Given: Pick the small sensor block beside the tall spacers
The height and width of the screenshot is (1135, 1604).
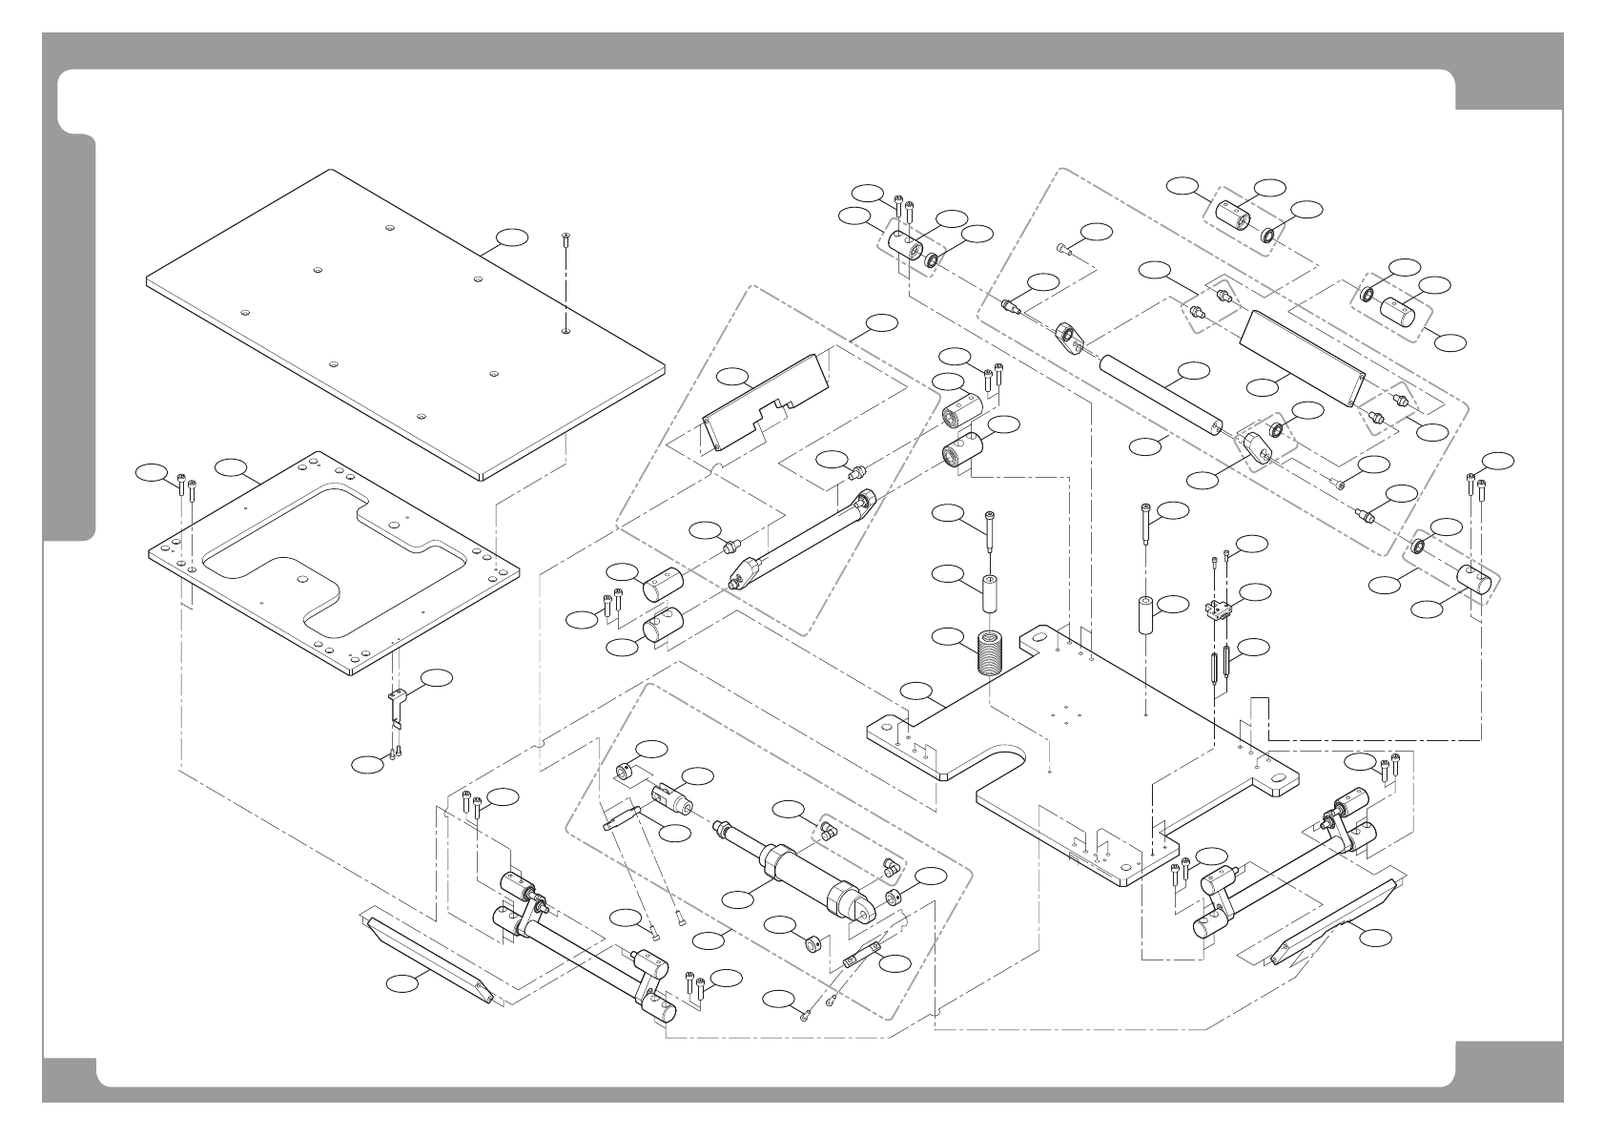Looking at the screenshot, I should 1216,610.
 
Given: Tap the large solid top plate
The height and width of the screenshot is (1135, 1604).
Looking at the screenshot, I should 401,324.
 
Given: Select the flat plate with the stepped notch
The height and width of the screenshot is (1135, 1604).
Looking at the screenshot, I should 763,405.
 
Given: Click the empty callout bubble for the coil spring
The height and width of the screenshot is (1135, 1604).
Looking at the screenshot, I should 946,636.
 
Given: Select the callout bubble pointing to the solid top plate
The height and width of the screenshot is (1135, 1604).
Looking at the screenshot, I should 512,237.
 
